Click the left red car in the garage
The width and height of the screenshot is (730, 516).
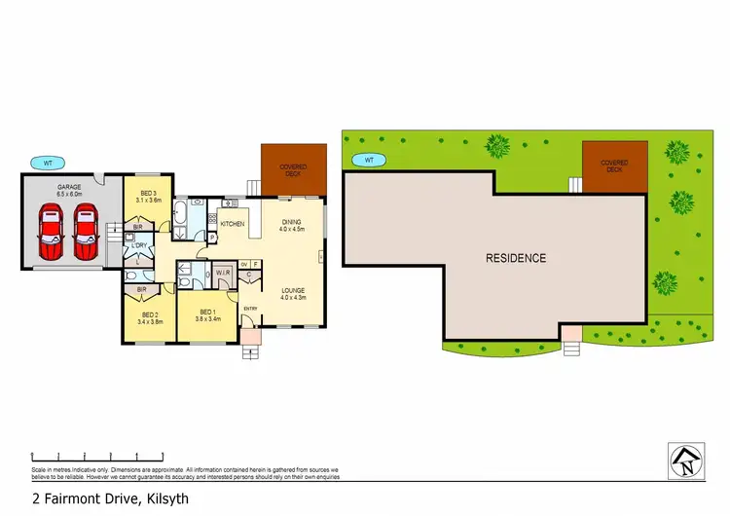point(50,235)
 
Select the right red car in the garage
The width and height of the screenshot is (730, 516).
point(86,235)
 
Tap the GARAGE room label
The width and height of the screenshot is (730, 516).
point(68,187)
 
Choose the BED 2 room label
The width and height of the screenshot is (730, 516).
point(149,314)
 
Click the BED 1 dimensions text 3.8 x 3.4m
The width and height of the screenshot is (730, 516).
point(209,319)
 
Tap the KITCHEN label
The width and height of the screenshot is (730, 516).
point(232,225)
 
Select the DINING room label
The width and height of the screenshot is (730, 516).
point(292,223)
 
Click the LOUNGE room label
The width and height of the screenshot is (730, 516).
point(294,290)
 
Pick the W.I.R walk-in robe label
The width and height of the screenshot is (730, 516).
point(222,274)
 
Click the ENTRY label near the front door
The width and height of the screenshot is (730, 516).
point(250,309)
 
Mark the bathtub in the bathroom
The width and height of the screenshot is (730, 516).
point(181,214)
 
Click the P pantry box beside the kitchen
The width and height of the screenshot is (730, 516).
point(211,237)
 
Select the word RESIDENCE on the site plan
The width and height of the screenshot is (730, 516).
point(516,258)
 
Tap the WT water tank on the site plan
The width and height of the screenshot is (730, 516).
point(369,159)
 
